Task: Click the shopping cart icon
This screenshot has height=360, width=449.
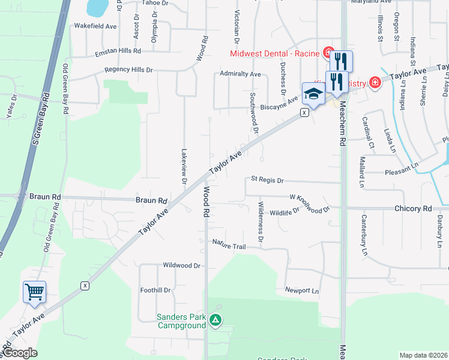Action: pyautogui.click(x=34, y=292)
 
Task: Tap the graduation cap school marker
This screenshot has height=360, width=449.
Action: pyautogui.click(x=313, y=94)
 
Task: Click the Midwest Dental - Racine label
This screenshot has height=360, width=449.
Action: pyautogui.click(x=276, y=53)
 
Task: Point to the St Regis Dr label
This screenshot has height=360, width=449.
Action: pyautogui.click(x=267, y=179)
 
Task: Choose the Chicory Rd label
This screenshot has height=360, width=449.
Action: pyautogui.click(x=413, y=208)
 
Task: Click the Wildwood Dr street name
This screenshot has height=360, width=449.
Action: pyautogui.click(x=181, y=265)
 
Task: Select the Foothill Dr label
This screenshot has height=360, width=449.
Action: pyautogui.click(x=155, y=290)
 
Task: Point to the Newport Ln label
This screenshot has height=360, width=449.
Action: pyautogui.click(x=301, y=290)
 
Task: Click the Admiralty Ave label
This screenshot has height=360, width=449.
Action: pyautogui.click(x=240, y=74)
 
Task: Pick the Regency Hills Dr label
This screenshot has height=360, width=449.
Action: pyautogui.click(x=128, y=70)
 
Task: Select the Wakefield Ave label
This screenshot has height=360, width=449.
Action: pyautogui.click(x=95, y=26)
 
